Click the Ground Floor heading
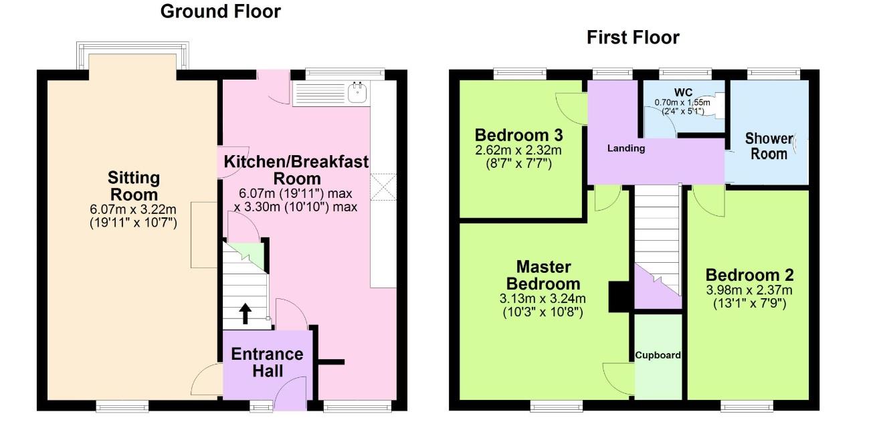[x=220, y=12]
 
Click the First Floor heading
[x=633, y=38]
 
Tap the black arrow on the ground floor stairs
[x=245, y=314]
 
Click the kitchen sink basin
[x=357, y=93]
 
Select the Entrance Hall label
[x=267, y=362]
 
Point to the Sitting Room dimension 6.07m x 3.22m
[x=133, y=209]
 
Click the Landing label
[x=625, y=148]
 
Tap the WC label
[x=683, y=92]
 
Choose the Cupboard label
[x=658, y=355]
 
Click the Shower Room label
[x=769, y=146]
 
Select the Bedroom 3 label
[x=518, y=136]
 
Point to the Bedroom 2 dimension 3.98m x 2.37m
[x=749, y=290]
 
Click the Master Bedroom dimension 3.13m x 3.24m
[x=543, y=299]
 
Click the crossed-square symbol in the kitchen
[x=383, y=187]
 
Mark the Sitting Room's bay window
[x=133, y=56]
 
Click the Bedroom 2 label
[x=749, y=276]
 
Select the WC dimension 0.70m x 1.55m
[x=682, y=103]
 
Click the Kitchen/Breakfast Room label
[x=296, y=170]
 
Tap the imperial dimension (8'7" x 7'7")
[x=518, y=164]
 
